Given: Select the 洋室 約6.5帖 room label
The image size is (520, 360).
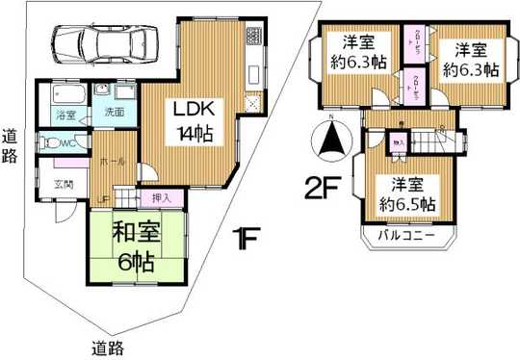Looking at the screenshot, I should click(x=411, y=195).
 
